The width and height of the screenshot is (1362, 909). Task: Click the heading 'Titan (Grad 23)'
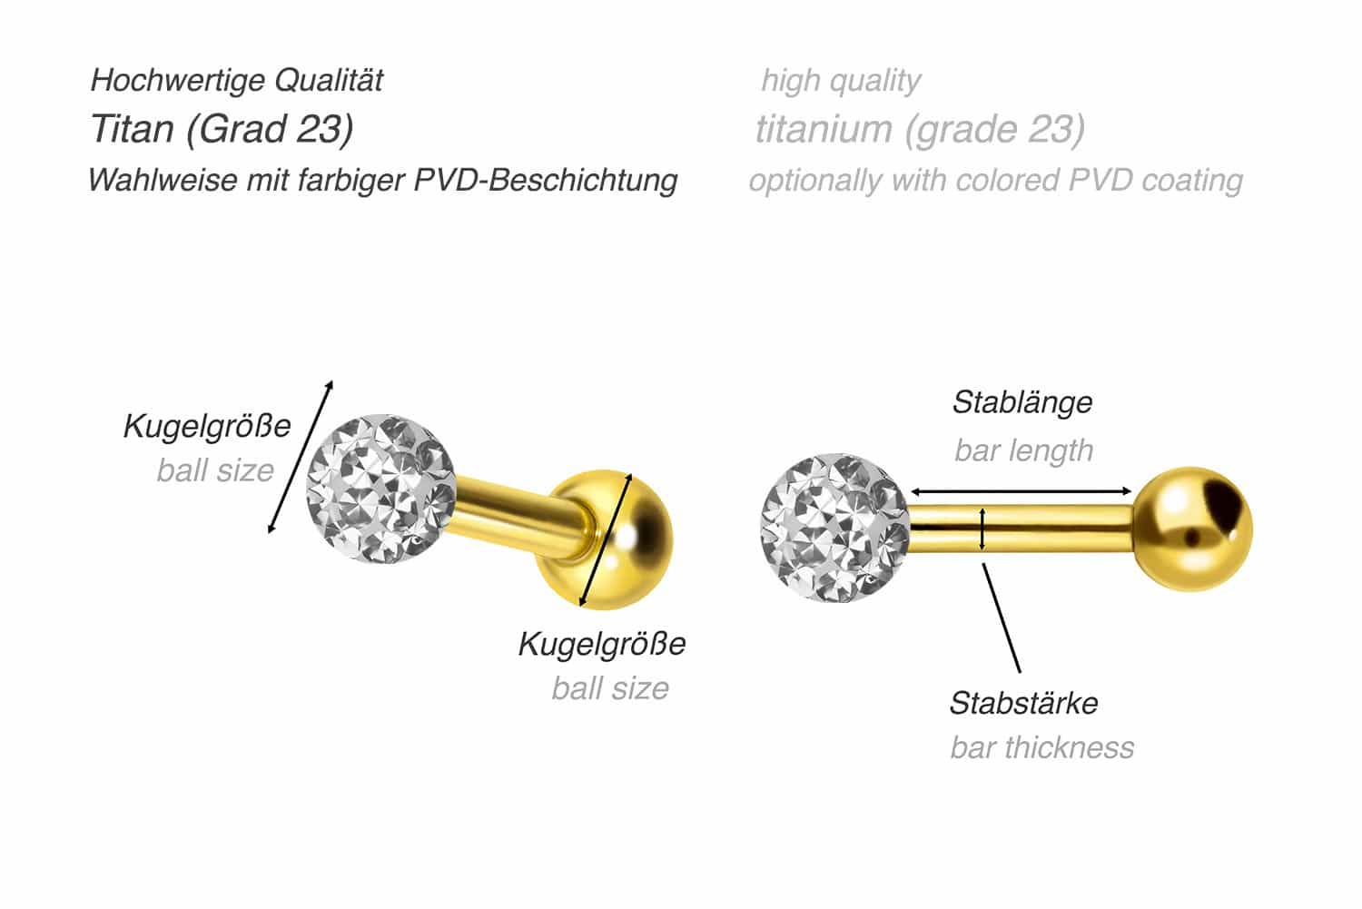(x=222, y=130)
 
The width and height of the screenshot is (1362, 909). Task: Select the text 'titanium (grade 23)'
(x=920, y=130)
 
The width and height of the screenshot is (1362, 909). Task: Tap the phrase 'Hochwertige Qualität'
(x=236, y=80)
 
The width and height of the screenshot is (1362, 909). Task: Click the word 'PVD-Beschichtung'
(x=546, y=180)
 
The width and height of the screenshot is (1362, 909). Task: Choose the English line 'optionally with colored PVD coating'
(x=996, y=181)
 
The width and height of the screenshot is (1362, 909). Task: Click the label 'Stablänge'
(x=1022, y=402)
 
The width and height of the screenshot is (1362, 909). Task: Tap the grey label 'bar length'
(x=1024, y=450)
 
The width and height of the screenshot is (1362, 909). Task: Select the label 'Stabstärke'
(x=1024, y=703)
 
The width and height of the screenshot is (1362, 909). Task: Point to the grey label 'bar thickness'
(x=1042, y=747)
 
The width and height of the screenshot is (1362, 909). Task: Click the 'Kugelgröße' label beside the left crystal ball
(x=207, y=426)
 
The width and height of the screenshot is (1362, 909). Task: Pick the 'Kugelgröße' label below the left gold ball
(x=602, y=643)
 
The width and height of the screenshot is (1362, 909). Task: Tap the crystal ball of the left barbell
(x=380, y=489)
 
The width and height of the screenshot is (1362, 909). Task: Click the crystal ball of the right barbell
(x=834, y=528)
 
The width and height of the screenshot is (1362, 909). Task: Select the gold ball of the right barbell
(x=1192, y=529)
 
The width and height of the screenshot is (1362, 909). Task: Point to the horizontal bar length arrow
(x=1021, y=491)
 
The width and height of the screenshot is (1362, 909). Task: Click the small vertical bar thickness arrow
(x=982, y=529)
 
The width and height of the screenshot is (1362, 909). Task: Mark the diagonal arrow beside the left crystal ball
(x=301, y=458)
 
